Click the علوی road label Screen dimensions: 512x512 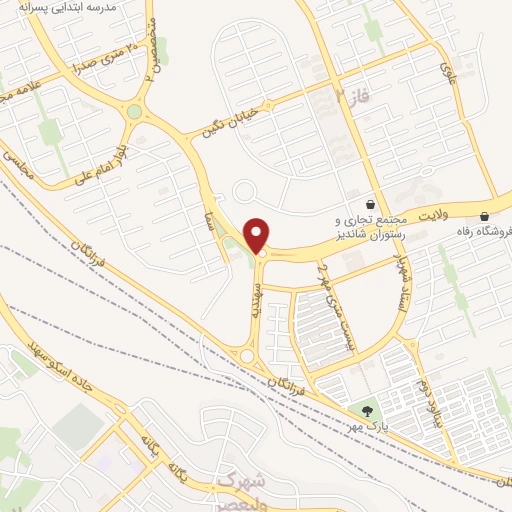pos(446,68)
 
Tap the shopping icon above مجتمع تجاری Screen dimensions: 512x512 pos(370,201)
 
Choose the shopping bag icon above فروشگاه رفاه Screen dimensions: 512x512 pos(485,216)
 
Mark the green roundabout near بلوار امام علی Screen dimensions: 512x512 pos(134,112)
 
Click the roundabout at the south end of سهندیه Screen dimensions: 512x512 pos(246,355)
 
